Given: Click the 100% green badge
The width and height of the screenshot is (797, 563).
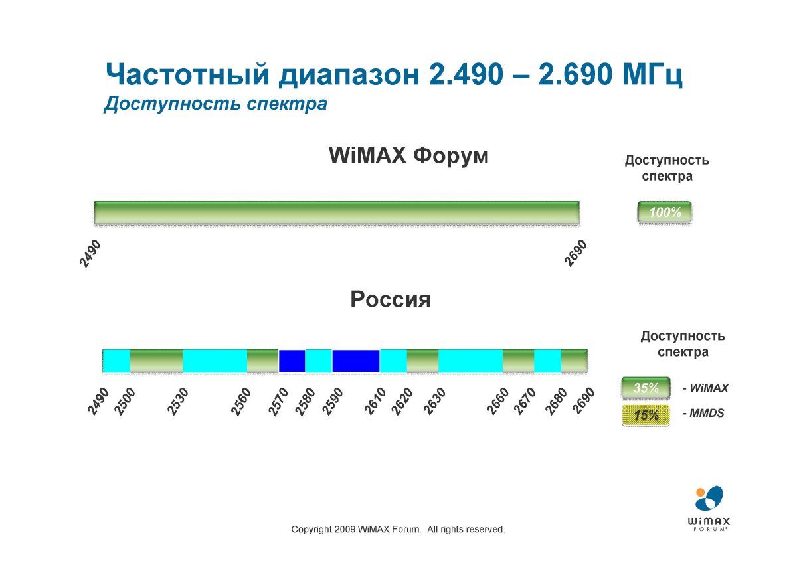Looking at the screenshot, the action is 664,212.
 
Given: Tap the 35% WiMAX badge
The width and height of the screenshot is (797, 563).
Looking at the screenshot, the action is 646,388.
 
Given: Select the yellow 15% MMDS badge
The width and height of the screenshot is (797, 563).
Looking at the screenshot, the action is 646,415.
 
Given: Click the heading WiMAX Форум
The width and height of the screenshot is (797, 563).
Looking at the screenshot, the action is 408,156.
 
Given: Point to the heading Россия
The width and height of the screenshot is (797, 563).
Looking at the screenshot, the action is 391,299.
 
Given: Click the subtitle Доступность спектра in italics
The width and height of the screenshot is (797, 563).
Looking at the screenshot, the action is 216,104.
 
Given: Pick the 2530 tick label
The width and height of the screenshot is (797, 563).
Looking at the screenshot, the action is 178,402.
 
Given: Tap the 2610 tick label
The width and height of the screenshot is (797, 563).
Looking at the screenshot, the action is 375,402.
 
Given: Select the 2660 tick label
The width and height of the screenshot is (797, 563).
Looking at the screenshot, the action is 498,402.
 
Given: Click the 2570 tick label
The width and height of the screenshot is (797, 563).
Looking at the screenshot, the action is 278,402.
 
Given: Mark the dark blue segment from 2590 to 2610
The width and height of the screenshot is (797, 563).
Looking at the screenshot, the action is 356,361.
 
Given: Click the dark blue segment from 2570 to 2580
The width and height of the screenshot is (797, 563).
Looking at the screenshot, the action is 292,361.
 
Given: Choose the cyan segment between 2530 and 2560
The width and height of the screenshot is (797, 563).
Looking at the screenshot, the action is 215,361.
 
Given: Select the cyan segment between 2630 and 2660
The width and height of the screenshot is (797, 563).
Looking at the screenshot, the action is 470,361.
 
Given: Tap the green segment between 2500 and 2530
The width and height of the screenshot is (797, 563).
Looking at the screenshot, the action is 157,361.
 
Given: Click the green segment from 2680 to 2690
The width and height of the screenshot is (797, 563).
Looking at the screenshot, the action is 575,361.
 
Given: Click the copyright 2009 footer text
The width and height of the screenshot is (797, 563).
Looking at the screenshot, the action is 398,530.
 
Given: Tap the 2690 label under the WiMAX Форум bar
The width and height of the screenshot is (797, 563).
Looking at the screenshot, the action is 576,253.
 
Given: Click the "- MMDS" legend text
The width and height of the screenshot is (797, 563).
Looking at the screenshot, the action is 703,413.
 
